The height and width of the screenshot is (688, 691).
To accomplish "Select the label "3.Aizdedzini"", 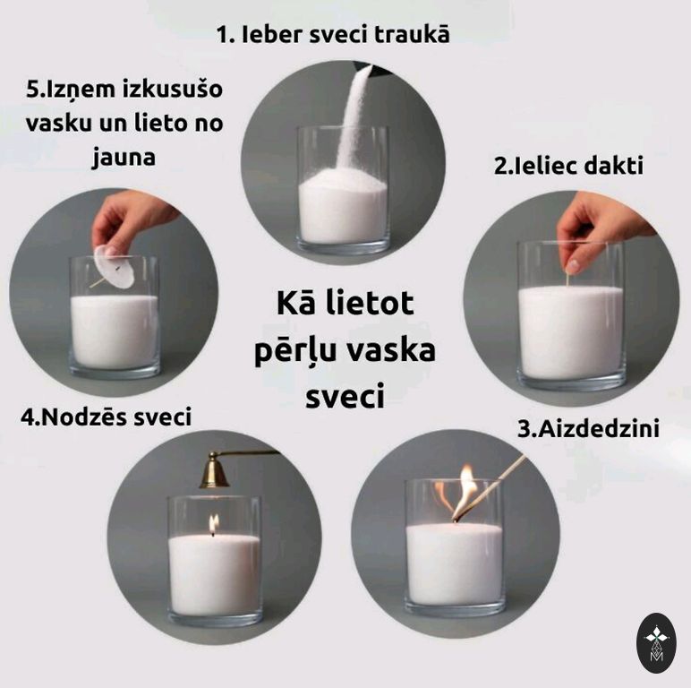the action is tap(588, 428).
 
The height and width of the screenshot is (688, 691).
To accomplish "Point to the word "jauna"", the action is tap(124, 157).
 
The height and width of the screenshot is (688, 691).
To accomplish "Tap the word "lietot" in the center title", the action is tap(370, 303).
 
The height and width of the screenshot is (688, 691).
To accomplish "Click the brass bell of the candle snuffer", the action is tap(214, 470).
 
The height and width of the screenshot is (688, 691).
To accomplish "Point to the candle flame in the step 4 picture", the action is tap(214, 524).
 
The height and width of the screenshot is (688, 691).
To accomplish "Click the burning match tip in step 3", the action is tap(457, 516).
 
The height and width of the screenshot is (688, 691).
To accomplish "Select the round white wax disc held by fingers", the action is tap(115, 267).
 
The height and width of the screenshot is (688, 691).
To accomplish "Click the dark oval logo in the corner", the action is tap(657, 643).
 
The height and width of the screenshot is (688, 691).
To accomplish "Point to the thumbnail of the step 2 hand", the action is tap(572, 266).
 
